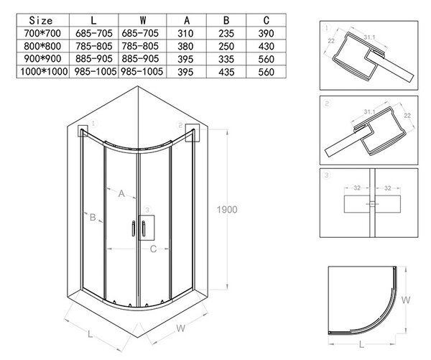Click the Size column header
click(x=41, y=20)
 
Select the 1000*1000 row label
click(x=44, y=72)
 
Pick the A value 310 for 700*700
click(x=185, y=33)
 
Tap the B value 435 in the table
click(x=226, y=72)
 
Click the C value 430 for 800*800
click(x=266, y=46)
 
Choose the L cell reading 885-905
click(x=94, y=59)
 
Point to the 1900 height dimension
click(x=227, y=210)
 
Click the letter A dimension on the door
click(x=121, y=193)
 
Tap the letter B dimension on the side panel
click(x=93, y=217)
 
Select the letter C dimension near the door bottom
click(x=153, y=249)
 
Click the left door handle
click(x=134, y=229)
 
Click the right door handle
click(x=144, y=229)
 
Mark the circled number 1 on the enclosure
click(x=93, y=124)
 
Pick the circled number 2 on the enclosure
click(x=180, y=126)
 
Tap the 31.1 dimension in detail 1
click(x=370, y=37)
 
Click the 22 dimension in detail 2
click(x=407, y=116)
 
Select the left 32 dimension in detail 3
click(x=357, y=188)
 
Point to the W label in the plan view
click(x=406, y=300)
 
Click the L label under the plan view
click(x=362, y=343)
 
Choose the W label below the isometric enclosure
click(x=180, y=328)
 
